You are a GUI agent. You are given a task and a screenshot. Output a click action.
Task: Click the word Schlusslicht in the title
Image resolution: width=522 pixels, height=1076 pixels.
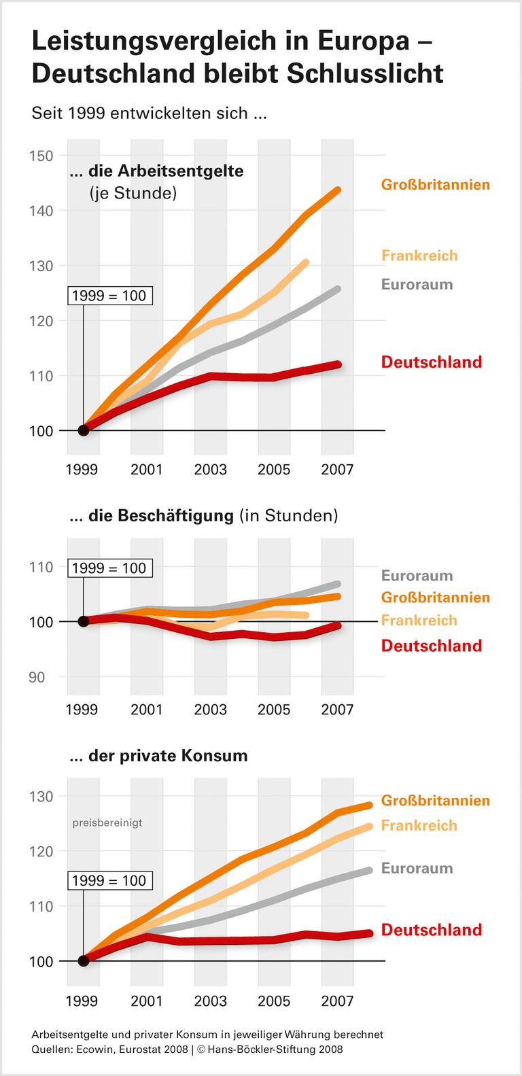(364, 73)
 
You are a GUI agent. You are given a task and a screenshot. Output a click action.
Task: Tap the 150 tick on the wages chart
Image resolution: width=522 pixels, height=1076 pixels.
(41, 156)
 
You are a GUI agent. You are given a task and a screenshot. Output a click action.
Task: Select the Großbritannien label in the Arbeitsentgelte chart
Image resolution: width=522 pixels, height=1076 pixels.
(435, 184)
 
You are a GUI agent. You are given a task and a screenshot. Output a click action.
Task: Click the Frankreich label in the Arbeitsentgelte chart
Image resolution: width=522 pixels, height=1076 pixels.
(419, 256)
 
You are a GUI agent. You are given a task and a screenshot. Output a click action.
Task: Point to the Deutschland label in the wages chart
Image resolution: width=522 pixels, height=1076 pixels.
(431, 362)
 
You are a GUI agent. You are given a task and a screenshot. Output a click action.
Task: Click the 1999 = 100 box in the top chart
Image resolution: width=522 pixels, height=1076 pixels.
(109, 296)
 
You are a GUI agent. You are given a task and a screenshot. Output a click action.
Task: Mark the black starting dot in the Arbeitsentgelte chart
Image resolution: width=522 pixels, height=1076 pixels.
(84, 430)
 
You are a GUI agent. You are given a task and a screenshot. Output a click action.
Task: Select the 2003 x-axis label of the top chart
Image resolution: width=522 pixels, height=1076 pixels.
(210, 470)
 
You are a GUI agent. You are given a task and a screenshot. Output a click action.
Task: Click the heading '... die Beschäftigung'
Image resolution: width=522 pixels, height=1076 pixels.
(161, 516)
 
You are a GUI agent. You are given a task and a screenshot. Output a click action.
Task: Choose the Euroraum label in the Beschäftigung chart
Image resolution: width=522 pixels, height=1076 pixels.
(417, 576)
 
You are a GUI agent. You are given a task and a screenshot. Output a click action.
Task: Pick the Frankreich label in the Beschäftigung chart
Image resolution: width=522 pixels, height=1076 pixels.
(419, 620)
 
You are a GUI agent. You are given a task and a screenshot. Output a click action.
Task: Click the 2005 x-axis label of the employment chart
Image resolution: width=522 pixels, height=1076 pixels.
(274, 710)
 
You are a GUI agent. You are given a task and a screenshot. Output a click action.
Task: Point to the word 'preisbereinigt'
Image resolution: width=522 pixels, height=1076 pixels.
(107, 822)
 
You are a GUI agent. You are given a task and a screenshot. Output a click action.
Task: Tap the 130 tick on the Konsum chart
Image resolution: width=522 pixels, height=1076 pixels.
(41, 795)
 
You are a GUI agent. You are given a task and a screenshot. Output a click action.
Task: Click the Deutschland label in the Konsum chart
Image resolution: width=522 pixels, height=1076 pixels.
(431, 930)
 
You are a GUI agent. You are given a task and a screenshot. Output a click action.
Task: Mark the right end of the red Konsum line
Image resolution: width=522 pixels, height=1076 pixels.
(370, 933)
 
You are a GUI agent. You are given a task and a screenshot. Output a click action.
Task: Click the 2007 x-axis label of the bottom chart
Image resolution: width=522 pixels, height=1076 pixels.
(337, 1001)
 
